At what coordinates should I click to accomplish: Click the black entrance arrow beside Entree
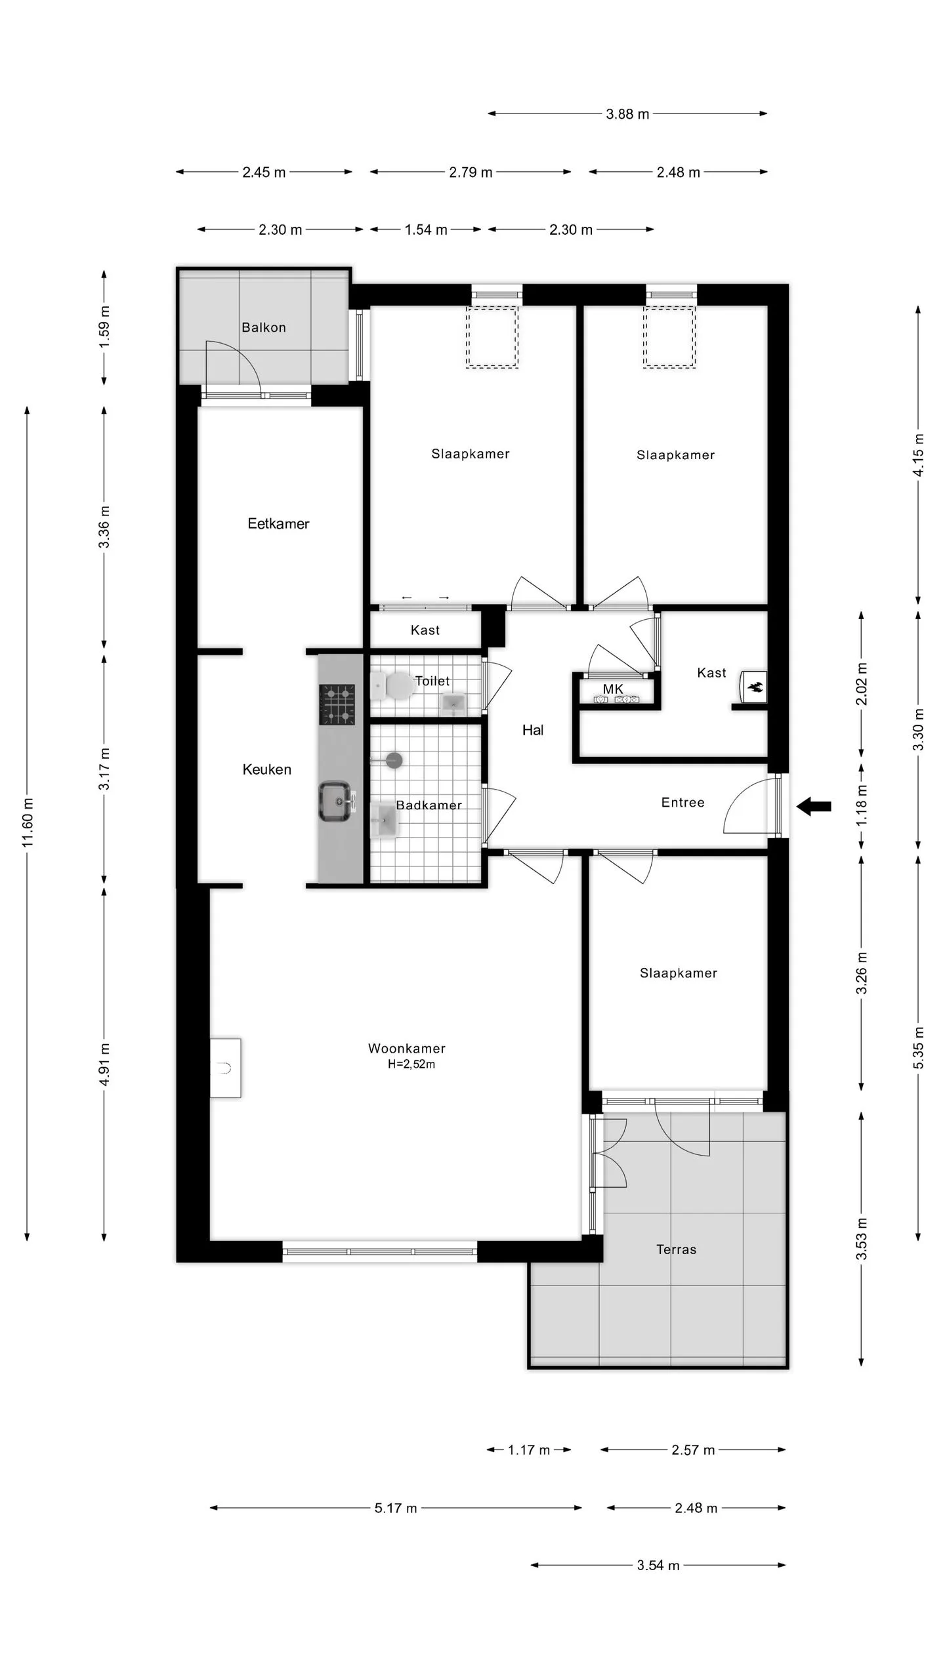click(x=814, y=806)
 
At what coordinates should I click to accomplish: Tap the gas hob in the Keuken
click(x=337, y=704)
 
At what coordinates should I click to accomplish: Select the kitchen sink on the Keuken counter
click(x=338, y=801)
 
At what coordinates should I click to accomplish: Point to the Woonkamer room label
click(x=407, y=1048)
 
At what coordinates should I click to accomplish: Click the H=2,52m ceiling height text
click(x=411, y=1064)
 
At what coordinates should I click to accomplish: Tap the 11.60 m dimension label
click(x=28, y=822)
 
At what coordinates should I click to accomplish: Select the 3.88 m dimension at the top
click(x=627, y=114)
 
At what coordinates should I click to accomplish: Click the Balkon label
click(x=264, y=327)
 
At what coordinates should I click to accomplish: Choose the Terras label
click(x=676, y=1249)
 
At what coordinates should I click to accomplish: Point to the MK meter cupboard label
click(x=613, y=689)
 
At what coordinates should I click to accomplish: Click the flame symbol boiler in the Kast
click(x=754, y=687)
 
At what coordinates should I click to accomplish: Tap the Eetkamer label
click(x=278, y=523)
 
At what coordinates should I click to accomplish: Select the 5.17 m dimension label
click(x=396, y=1508)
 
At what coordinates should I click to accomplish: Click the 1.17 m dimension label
click(x=529, y=1450)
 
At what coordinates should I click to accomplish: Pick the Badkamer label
click(x=429, y=805)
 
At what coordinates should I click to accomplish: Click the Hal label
click(x=533, y=730)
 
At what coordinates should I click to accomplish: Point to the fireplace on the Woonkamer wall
click(x=226, y=1068)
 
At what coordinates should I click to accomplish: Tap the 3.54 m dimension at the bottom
click(x=658, y=1566)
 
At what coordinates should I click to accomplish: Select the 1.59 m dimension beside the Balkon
click(x=104, y=327)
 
